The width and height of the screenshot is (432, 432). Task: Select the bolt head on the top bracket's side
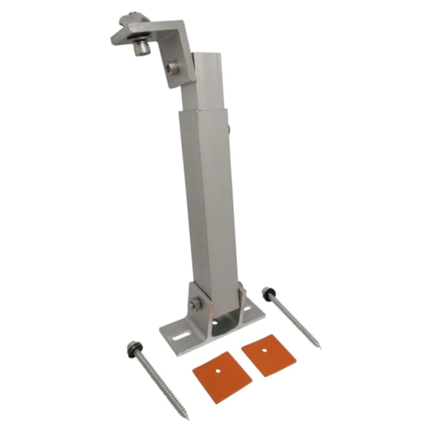(173, 71)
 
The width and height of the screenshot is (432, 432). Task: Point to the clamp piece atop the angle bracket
(123, 28)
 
